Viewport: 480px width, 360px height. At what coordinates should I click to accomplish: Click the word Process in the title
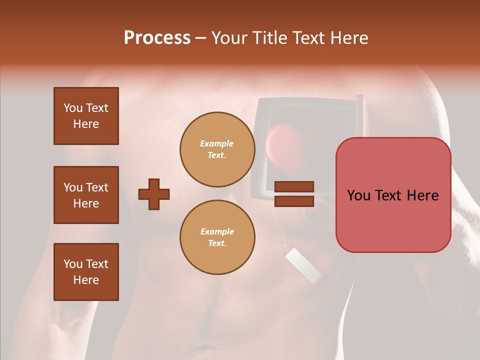click(x=157, y=38)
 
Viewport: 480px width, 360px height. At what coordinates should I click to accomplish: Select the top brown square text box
click(x=86, y=116)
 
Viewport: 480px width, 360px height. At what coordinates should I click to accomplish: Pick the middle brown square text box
click(x=86, y=195)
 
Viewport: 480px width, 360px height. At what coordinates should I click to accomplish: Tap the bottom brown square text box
click(x=86, y=272)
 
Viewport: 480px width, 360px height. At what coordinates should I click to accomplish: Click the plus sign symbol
click(x=154, y=194)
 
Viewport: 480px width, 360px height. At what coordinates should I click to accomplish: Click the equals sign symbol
click(x=294, y=194)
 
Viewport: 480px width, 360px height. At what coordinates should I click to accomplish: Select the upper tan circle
click(x=217, y=149)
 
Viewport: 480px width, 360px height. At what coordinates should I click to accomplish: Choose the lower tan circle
click(x=217, y=237)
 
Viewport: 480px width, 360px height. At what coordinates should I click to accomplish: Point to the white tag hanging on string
click(x=302, y=265)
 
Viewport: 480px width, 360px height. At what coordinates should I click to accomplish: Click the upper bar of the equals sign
click(x=294, y=187)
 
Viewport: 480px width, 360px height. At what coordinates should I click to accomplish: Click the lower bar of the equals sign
click(x=294, y=201)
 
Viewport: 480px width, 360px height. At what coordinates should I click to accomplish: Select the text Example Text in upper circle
click(x=217, y=149)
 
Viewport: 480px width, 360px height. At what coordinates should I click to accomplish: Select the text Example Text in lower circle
click(x=217, y=237)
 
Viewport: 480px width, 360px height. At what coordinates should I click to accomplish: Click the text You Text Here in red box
click(x=393, y=195)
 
